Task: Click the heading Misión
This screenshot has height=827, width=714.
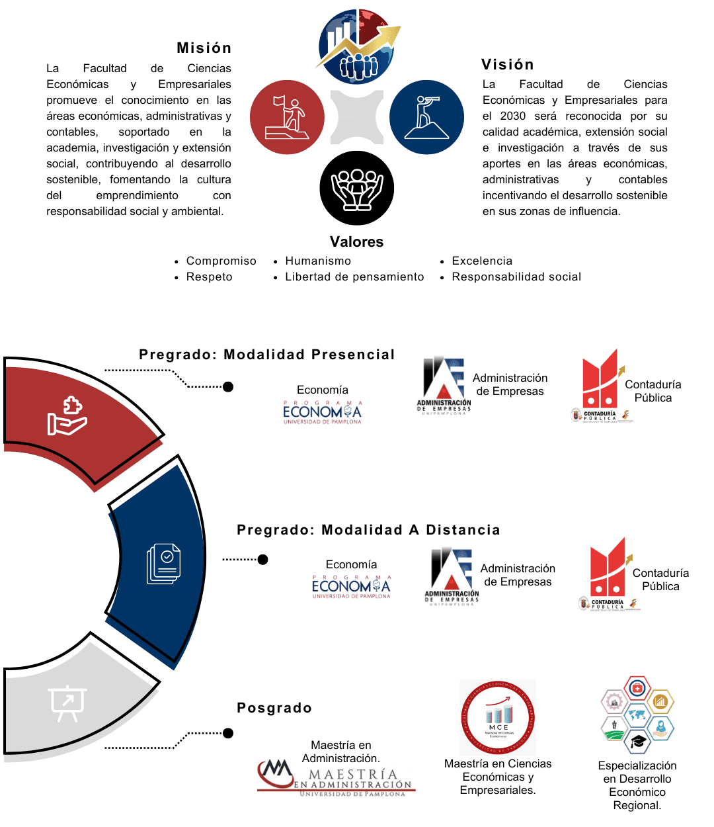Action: coord(204,48)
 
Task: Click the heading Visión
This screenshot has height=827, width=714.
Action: coord(507,65)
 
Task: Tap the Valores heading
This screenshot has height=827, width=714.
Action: coord(356,242)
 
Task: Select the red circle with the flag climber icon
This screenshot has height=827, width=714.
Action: coord(287,117)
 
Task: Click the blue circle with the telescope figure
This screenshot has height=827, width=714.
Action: coord(426,117)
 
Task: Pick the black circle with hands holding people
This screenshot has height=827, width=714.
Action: coord(356,188)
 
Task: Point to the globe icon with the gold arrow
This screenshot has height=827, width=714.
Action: coord(358,46)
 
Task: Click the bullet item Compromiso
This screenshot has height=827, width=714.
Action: coord(221,261)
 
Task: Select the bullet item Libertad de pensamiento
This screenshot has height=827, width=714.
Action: coord(354,277)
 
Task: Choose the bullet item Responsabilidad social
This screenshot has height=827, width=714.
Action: coord(516,277)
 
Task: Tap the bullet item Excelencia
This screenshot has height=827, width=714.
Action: coord(482,261)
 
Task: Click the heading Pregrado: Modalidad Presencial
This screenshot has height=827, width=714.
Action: coord(266,355)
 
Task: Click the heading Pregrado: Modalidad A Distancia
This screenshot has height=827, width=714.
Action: coord(368,531)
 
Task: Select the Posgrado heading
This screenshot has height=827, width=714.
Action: coord(274,709)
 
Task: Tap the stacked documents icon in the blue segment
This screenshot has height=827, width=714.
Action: coord(163,564)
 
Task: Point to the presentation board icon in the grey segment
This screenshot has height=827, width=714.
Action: coord(67,703)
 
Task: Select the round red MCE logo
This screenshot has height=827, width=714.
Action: coord(498,718)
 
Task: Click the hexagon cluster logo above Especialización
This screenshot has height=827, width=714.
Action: coord(637,717)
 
